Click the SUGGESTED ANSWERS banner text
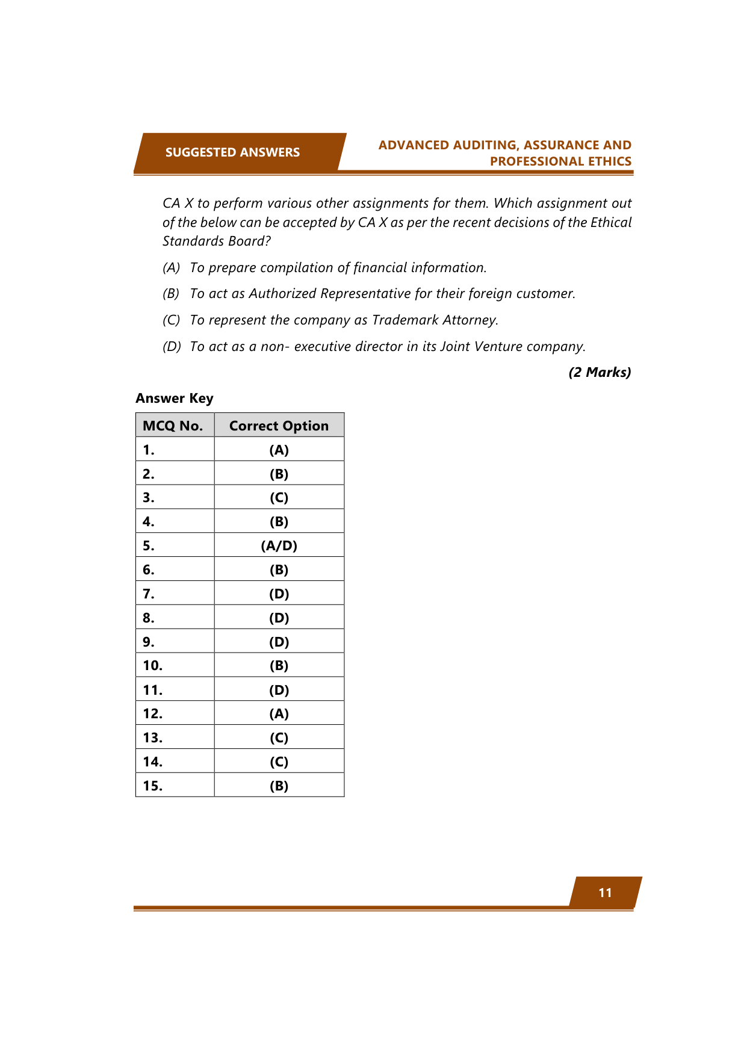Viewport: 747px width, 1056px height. (x=232, y=152)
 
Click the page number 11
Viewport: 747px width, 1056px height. (x=605, y=893)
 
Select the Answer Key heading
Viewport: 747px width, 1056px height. (x=175, y=399)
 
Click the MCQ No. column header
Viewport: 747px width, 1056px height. (x=173, y=426)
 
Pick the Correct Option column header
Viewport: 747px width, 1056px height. (x=279, y=426)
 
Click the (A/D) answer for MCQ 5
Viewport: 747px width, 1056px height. (x=279, y=545)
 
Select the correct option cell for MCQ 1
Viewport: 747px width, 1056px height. (x=279, y=450)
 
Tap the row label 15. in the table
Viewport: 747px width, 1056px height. (x=153, y=786)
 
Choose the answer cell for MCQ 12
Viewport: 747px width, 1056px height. (x=279, y=713)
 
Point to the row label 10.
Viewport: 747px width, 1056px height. (x=153, y=665)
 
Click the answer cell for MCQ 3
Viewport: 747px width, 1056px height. (x=279, y=497)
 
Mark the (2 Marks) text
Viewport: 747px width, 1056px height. (x=600, y=372)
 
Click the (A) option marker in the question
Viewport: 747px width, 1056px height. (x=172, y=268)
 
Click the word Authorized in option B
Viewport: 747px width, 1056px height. (x=282, y=294)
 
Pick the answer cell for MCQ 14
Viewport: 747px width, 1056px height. (x=279, y=762)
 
